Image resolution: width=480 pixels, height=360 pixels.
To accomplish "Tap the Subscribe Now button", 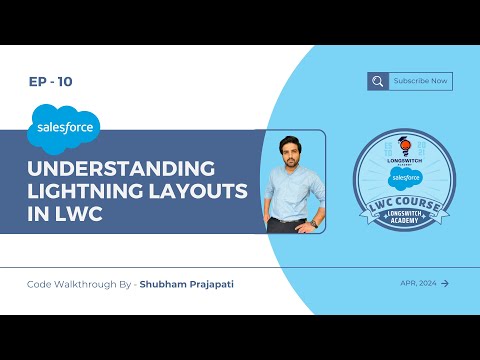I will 420,81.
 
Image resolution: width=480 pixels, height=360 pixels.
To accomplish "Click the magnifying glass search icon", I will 377,82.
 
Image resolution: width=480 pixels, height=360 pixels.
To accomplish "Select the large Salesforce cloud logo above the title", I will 63,127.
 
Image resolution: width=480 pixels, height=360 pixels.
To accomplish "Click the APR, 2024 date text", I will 416,283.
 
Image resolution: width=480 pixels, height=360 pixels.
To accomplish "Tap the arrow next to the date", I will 445,283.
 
